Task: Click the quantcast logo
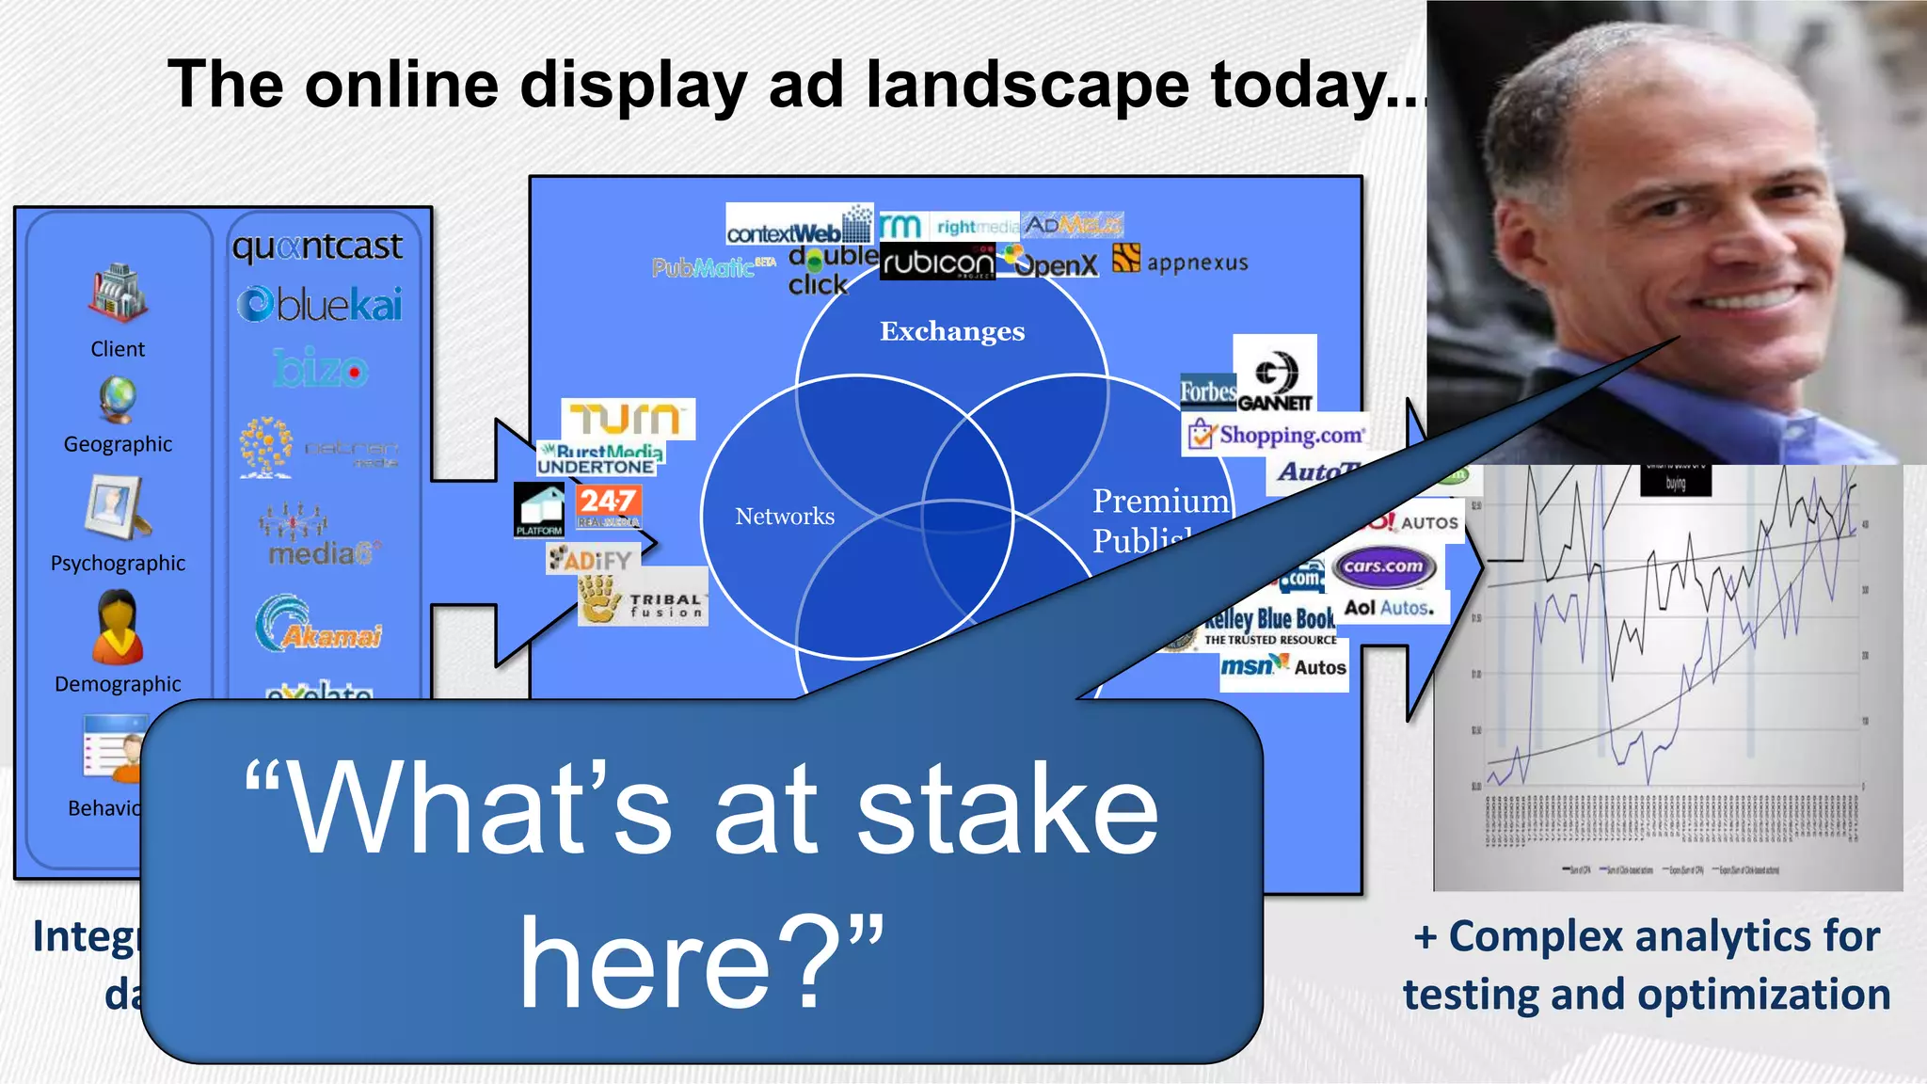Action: click(317, 247)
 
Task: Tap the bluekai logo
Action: click(320, 305)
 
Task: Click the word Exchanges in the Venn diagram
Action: click(952, 331)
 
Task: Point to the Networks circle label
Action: click(785, 517)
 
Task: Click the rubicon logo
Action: click(937, 263)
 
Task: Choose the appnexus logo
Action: click(1181, 261)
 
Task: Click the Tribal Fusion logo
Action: click(644, 598)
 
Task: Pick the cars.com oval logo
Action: click(1383, 566)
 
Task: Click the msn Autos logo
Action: click(1282, 666)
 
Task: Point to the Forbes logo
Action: click(1208, 391)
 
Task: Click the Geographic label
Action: click(118, 444)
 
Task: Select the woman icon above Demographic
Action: click(118, 627)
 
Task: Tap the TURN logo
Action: click(628, 419)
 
